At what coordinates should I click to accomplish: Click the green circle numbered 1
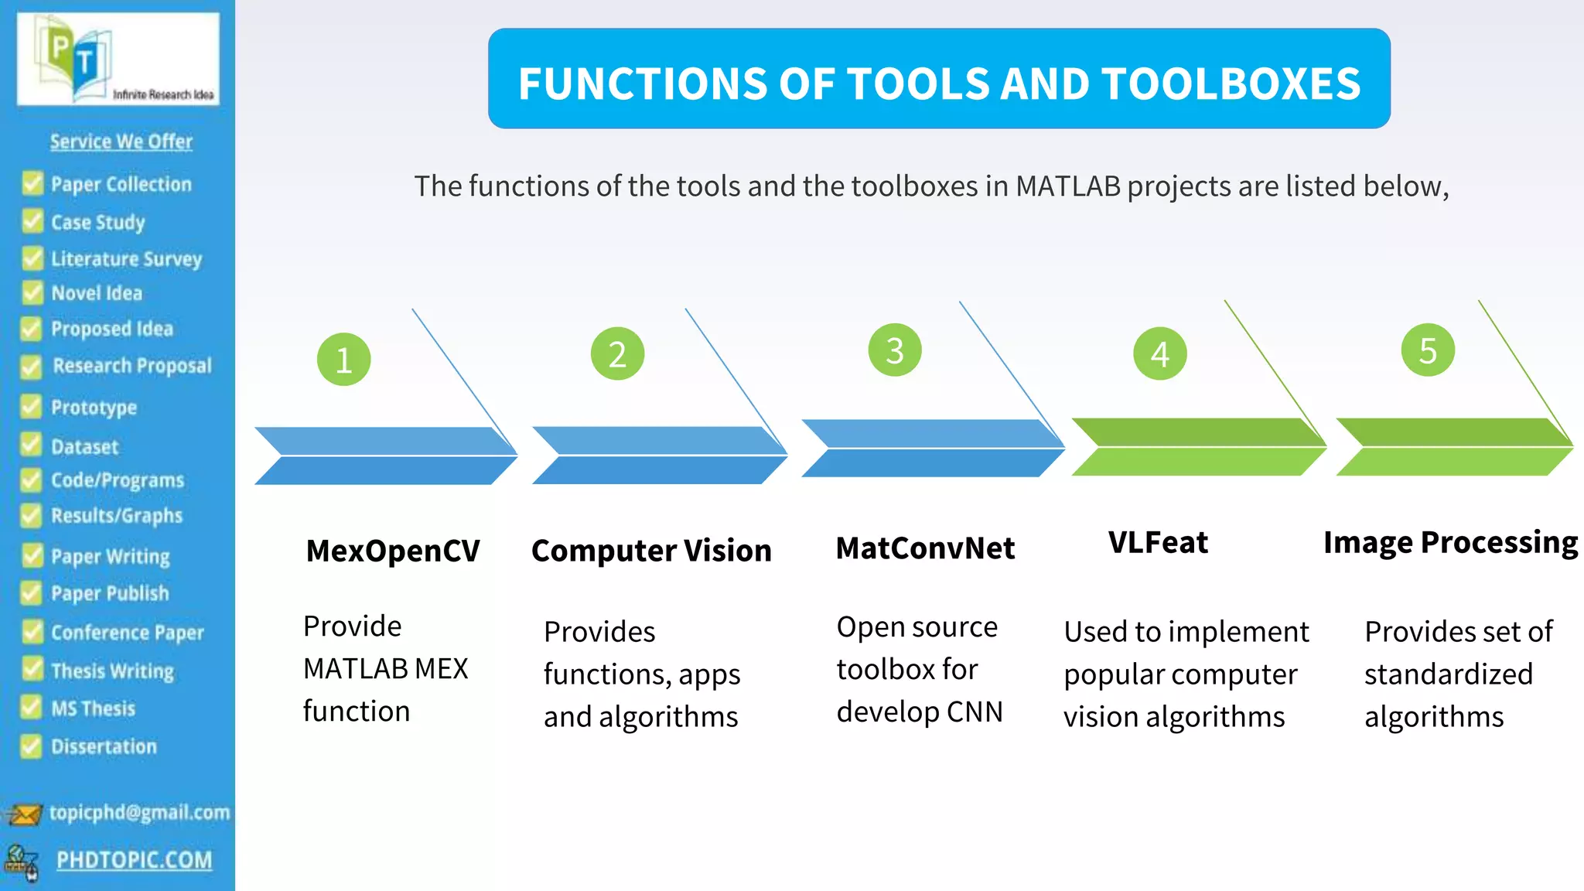pos(343,360)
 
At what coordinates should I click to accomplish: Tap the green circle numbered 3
pos(894,350)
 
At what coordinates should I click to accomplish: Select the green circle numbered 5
pos(1427,350)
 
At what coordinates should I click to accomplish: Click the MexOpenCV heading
pos(393,551)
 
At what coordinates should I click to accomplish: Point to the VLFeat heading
pos(1158,542)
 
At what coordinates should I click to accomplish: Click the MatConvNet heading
pos(925,548)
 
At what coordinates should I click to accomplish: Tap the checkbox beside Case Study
pos(32,221)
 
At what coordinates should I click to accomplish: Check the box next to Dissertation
pos(31,746)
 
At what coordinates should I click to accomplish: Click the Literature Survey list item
pos(126,258)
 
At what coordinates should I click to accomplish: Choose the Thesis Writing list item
pos(112,671)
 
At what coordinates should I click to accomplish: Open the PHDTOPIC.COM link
pos(134,860)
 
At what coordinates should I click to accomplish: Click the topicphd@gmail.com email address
pos(139,812)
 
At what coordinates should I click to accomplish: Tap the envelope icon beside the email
pos(23,814)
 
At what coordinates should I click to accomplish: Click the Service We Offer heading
pos(121,142)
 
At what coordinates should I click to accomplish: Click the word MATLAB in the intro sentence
pos(1067,186)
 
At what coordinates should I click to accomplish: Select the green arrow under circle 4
pos(1197,447)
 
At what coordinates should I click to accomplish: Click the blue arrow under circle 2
pos(659,455)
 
